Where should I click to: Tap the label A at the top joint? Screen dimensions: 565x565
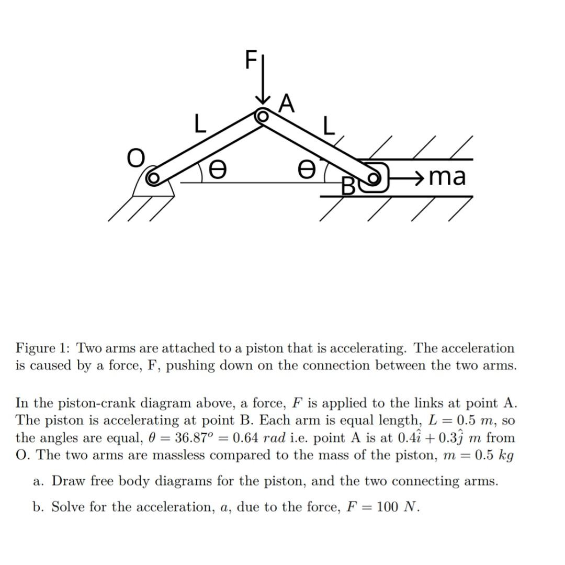coord(286,103)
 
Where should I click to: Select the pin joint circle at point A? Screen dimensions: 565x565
coord(262,116)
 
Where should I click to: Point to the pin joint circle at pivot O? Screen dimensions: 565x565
coord(153,178)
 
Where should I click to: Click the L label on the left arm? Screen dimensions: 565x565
coord(199,124)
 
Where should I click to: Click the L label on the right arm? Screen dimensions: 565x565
coord(328,126)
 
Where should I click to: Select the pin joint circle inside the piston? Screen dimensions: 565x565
coord(373,178)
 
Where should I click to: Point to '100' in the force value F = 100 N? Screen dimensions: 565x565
coord(388,507)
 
